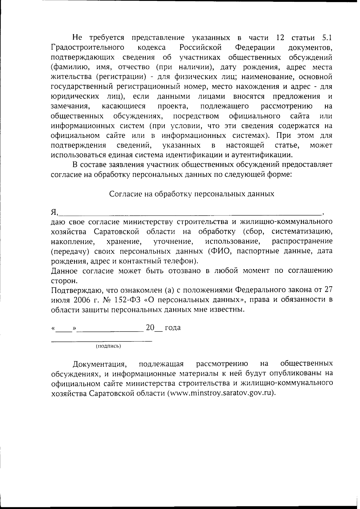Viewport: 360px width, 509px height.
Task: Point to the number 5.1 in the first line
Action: pos(327,38)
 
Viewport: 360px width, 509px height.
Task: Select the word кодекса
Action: pos(151,47)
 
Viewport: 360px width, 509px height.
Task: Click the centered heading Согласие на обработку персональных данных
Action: pos(191,194)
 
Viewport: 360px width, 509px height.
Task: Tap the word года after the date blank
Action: pos(173,328)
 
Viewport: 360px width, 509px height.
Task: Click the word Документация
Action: pos(99,364)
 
